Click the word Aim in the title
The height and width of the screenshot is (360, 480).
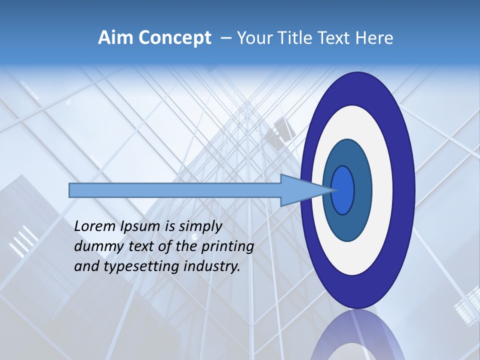click(x=114, y=38)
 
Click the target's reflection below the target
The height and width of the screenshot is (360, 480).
click(x=357, y=337)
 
